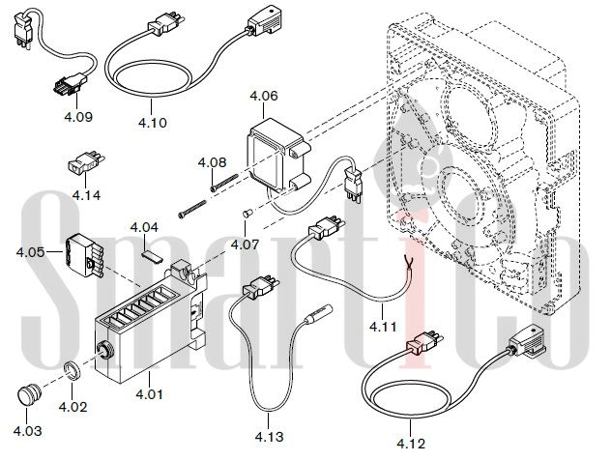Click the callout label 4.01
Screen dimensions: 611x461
point(149,394)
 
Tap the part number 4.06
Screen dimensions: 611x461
point(264,96)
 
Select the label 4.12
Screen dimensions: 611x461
point(411,444)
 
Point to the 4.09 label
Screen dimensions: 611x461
point(78,117)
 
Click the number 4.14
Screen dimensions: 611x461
point(86,195)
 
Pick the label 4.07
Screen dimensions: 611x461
point(245,245)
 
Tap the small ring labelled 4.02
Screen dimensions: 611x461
point(72,370)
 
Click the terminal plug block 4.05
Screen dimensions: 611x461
point(84,255)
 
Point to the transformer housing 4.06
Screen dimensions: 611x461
point(278,155)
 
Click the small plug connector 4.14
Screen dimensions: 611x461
point(84,162)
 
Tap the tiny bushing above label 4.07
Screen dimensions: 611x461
point(247,214)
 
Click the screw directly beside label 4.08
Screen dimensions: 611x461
point(224,183)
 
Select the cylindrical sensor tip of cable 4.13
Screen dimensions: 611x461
point(318,315)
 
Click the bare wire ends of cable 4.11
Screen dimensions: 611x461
point(410,262)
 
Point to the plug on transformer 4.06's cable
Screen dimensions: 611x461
point(354,184)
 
